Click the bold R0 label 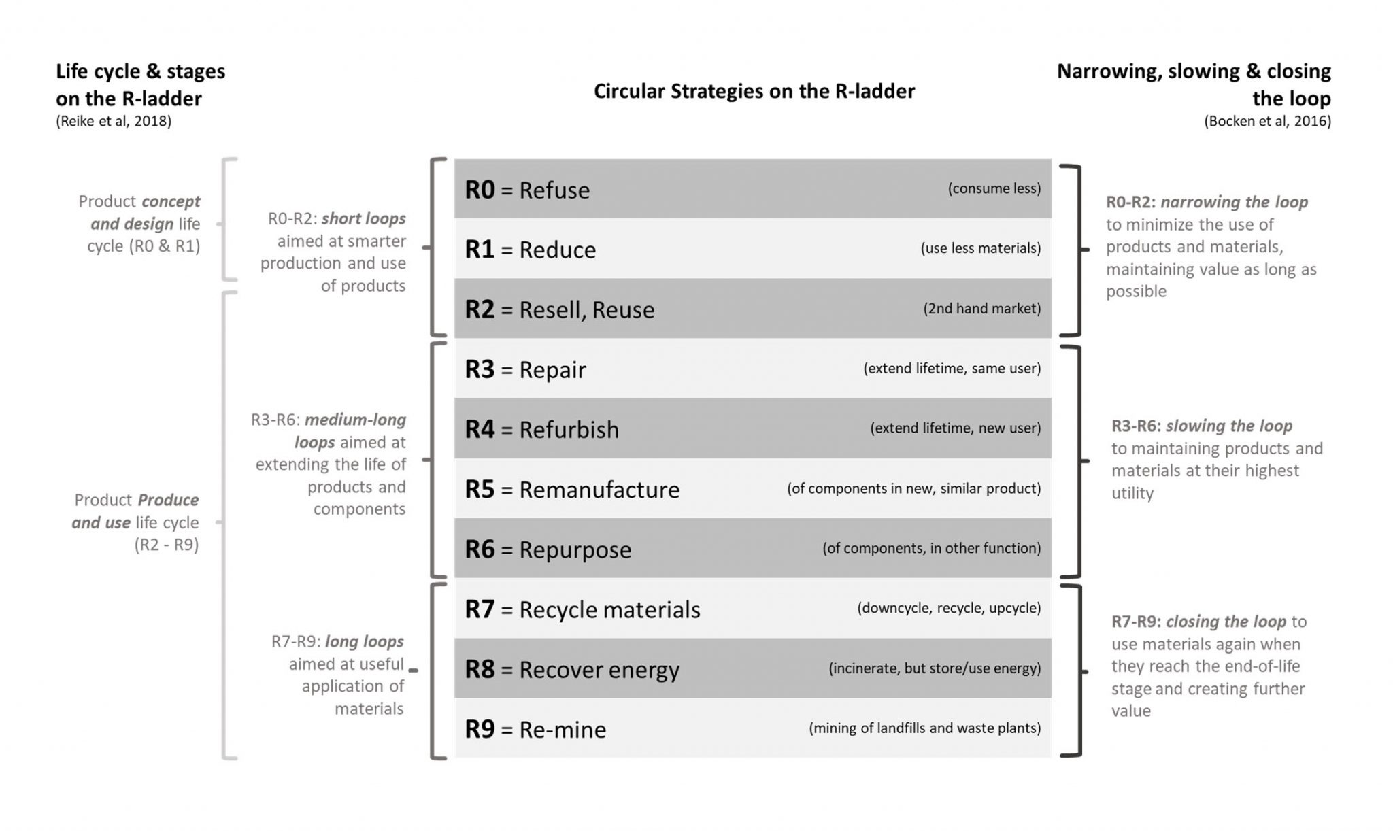tap(480, 190)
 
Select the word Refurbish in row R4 tap(569, 430)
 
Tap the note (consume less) tap(994, 188)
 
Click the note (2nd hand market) tap(981, 309)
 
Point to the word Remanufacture tap(599, 490)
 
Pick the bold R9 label tap(480, 729)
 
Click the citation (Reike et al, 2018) tap(114, 121)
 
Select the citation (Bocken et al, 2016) tap(1267, 121)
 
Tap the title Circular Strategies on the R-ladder tap(754, 91)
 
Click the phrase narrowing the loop tap(1234, 202)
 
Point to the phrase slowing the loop tap(1228, 426)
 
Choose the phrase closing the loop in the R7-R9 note tap(1226, 622)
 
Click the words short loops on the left tap(363, 218)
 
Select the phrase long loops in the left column tap(364, 641)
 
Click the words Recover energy tap(599, 670)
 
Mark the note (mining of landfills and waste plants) tap(924, 728)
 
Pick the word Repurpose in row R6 tap(575, 550)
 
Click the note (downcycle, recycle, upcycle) tap(948, 608)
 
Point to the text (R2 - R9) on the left tap(166, 545)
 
